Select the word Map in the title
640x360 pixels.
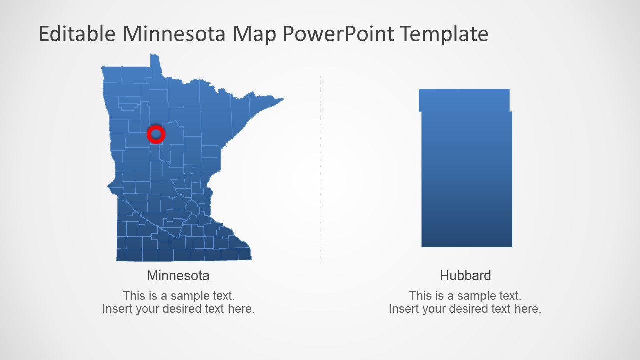tap(256, 34)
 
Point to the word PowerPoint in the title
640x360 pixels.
tap(339, 34)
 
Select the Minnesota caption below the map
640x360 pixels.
tap(178, 275)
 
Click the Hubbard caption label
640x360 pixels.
tap(465, 275)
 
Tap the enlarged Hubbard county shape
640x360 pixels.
tap(466, 180)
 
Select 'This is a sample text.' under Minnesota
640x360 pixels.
tap(178, 296)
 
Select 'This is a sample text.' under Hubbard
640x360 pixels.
tap(465, 296)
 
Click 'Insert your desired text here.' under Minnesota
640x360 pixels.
tap(178, 309)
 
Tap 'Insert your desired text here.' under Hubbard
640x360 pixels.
tap(465, 309)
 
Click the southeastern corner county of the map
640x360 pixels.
tap(244, 254)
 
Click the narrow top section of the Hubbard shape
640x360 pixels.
tap(464, 100)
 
